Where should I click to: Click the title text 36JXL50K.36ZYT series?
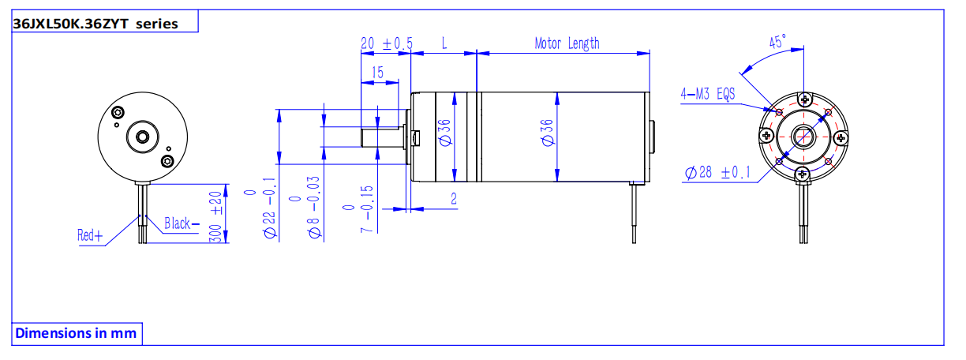(95, 23)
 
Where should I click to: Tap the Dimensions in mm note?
(76, 333)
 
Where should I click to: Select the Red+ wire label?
(90, 234)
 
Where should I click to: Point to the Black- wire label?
(182, 223)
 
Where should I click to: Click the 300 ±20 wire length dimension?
(216, 215)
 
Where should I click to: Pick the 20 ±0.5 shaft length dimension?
(386, 44)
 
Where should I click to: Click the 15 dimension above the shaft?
(377, 73)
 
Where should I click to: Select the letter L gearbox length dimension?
(444, 44)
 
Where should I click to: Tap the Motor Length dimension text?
(567, 43)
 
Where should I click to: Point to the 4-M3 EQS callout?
(707, 95)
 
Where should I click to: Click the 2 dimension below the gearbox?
(454, 199)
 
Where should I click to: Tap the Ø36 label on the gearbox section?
(444, 132)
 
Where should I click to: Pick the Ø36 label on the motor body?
(547, 132)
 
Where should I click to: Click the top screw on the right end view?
(803, 99)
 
